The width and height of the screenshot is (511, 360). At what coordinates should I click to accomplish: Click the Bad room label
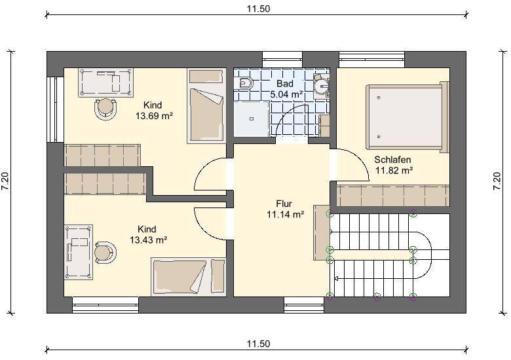coord(285,84)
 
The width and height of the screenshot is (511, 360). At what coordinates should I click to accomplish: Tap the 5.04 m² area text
coord(287,95)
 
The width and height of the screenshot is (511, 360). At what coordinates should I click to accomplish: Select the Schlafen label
coord(392,160)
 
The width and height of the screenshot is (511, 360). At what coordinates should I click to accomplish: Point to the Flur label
coord(284,204)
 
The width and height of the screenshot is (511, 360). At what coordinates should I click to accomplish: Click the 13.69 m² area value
coord(154,117)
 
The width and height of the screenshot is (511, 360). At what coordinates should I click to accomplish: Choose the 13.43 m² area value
coord(149,240)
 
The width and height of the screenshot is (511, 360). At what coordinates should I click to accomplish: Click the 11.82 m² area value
coord(394,171)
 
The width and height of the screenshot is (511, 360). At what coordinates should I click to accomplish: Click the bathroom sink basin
coord(322,86)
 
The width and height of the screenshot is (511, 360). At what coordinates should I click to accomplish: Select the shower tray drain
coord(252,119)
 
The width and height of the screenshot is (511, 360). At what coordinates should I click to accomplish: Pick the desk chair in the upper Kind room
coord(105,109)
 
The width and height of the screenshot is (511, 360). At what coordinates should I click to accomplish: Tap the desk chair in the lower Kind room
coord(105,252)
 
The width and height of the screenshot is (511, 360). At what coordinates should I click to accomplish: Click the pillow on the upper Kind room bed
coord(206,76)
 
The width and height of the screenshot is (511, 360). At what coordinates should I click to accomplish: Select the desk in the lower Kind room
coord(79,252)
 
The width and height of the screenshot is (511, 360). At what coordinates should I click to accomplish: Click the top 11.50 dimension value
coord(258,9)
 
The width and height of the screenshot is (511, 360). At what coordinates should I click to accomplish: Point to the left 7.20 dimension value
coord(5,181)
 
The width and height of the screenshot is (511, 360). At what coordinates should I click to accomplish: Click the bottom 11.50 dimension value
coord(258,344)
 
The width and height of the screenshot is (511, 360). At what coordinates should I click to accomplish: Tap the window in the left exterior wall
coord(55,109)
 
